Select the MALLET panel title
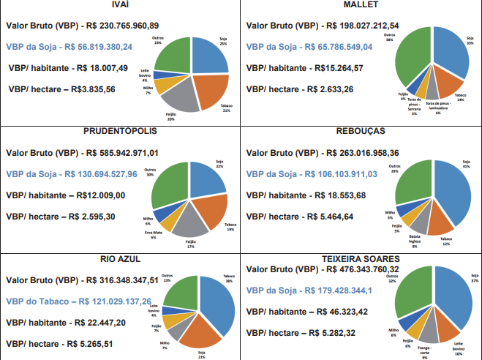[x=361, y=5]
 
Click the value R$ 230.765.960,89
[x=119, y=25]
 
